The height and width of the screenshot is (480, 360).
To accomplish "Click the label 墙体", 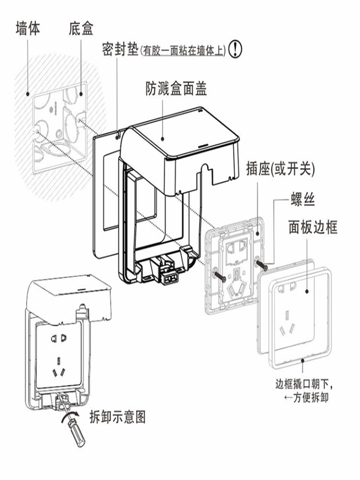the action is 28,28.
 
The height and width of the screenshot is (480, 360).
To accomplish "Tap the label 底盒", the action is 81,28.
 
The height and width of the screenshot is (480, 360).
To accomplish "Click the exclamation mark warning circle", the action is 236,49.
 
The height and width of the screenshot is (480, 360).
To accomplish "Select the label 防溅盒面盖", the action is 176,88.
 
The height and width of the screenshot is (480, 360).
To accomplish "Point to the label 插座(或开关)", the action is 280,169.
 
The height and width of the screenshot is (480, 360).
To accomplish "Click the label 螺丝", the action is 303,199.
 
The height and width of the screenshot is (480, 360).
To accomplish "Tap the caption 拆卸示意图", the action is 117,417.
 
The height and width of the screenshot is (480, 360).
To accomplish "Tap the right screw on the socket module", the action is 262,265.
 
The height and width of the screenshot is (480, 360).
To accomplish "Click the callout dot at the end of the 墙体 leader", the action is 28,94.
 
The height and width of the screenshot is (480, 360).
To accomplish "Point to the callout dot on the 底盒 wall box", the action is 81,94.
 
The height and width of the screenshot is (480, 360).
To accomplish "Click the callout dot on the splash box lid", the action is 162,139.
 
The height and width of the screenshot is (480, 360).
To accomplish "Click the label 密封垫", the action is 120,50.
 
